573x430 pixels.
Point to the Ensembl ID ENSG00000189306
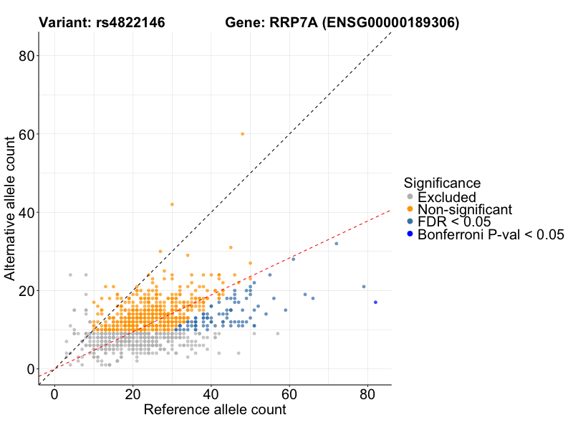(390, 23)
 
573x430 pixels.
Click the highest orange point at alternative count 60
(242, 134)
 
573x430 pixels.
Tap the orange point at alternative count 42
(172, 204)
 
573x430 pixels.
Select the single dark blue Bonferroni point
(375, 302)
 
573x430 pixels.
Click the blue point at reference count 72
(336, 244)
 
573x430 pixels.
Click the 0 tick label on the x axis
(54, 394)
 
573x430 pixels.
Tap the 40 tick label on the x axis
(211, 394)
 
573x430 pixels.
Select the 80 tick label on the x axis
(367, 394)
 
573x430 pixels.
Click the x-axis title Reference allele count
(215, 410)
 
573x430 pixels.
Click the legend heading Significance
(441, 183)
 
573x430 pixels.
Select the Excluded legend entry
(446, 196)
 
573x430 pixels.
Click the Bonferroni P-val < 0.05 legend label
(491, 234)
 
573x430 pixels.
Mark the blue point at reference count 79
(364, 287)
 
